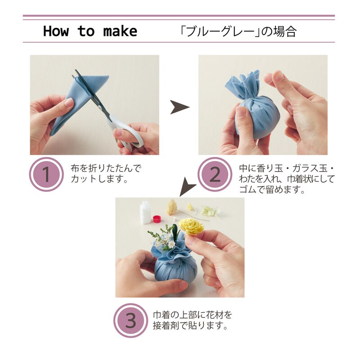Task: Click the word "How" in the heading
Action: tap(56, 31)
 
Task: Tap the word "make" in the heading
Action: tap(120, 31)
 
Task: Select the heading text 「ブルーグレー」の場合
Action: tap(238, 31)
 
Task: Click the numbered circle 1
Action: tap(46, 174)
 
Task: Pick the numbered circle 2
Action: tap(215, 174)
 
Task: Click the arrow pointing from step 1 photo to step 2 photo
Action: tap(180, 107)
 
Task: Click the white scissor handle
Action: tap(126, 133)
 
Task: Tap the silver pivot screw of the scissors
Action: tap(100, 107)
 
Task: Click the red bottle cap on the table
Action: tap(157, 219)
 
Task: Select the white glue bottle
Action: tap(145, 212)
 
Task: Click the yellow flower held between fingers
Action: tap(191, 227)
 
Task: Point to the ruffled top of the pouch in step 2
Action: tap(243, 85)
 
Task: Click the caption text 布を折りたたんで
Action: tap(105, 168)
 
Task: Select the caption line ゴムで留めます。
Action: tap(272, 189)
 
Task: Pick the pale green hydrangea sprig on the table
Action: tap(211, 210)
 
